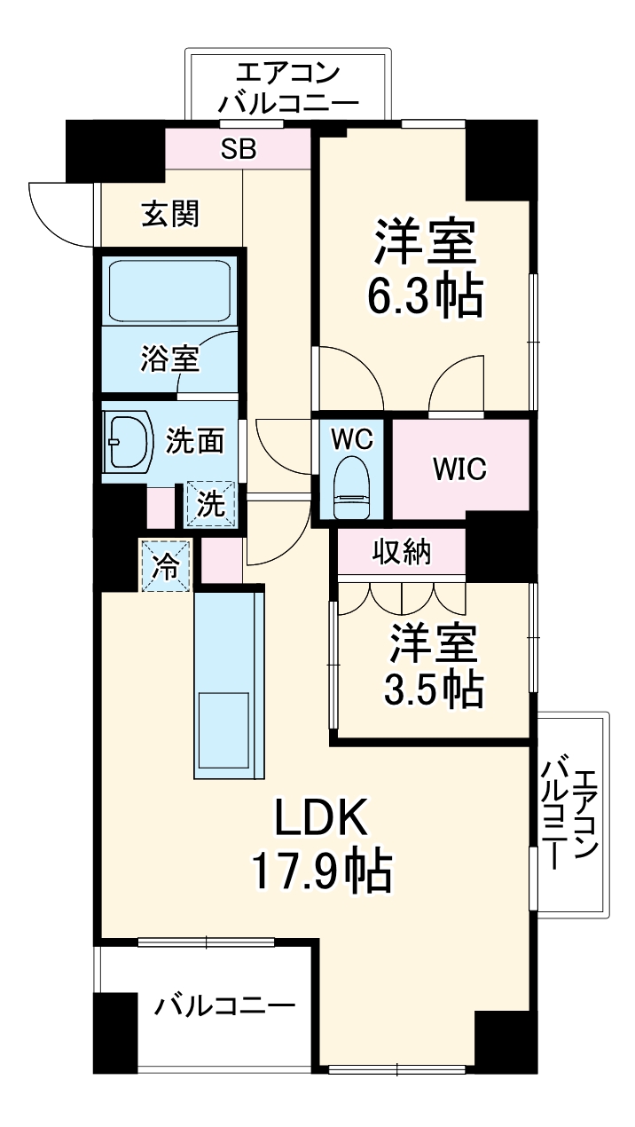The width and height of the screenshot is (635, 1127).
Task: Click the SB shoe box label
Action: pos(238,149)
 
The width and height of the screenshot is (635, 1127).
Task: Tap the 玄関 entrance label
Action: pos(171,213)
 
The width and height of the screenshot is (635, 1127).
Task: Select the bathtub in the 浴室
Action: pos(169,290)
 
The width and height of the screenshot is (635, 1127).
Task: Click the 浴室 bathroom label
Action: pos(169,359)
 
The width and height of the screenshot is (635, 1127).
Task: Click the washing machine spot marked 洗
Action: pos(210,504)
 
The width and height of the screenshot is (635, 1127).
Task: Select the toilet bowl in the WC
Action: pos(351,488)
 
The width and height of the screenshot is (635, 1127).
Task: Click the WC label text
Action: pos(352,437)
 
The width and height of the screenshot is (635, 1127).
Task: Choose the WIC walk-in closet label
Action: pos(459,468)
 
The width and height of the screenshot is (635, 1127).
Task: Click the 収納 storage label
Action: pos(401,553)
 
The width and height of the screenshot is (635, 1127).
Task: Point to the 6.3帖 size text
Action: pos(426,298)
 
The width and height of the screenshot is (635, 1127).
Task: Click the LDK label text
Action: pos(320,819)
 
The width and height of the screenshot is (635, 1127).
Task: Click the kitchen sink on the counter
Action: pos(223,729)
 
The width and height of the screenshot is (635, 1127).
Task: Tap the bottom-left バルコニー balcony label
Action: pos(225,1006)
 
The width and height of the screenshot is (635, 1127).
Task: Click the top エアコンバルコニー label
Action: pos(287,86)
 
